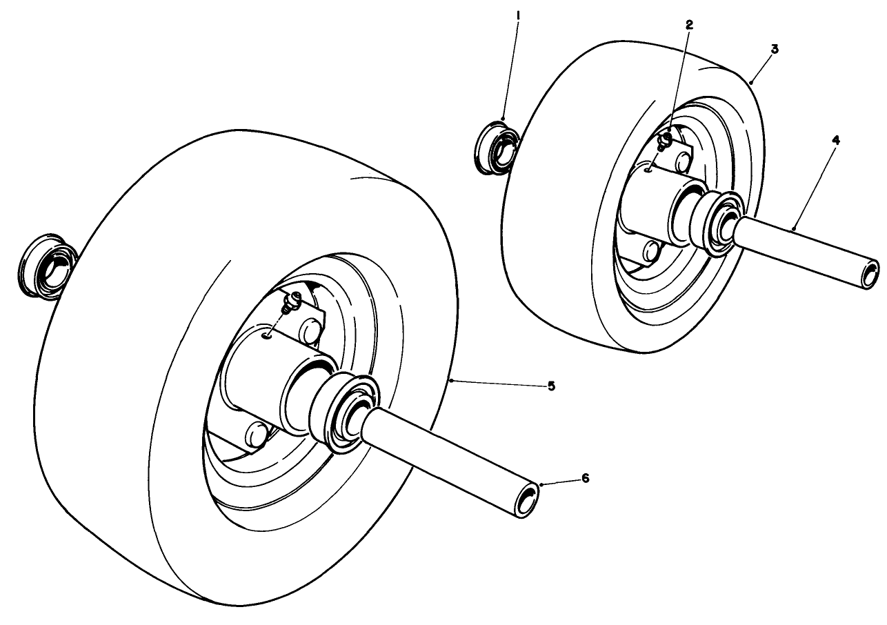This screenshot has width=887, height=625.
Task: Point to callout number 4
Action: (835, 140)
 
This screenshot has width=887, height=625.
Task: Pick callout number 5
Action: (551, 386)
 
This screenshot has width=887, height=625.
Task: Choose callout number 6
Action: (586, 478)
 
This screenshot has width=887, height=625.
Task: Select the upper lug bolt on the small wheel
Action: (683, 161)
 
